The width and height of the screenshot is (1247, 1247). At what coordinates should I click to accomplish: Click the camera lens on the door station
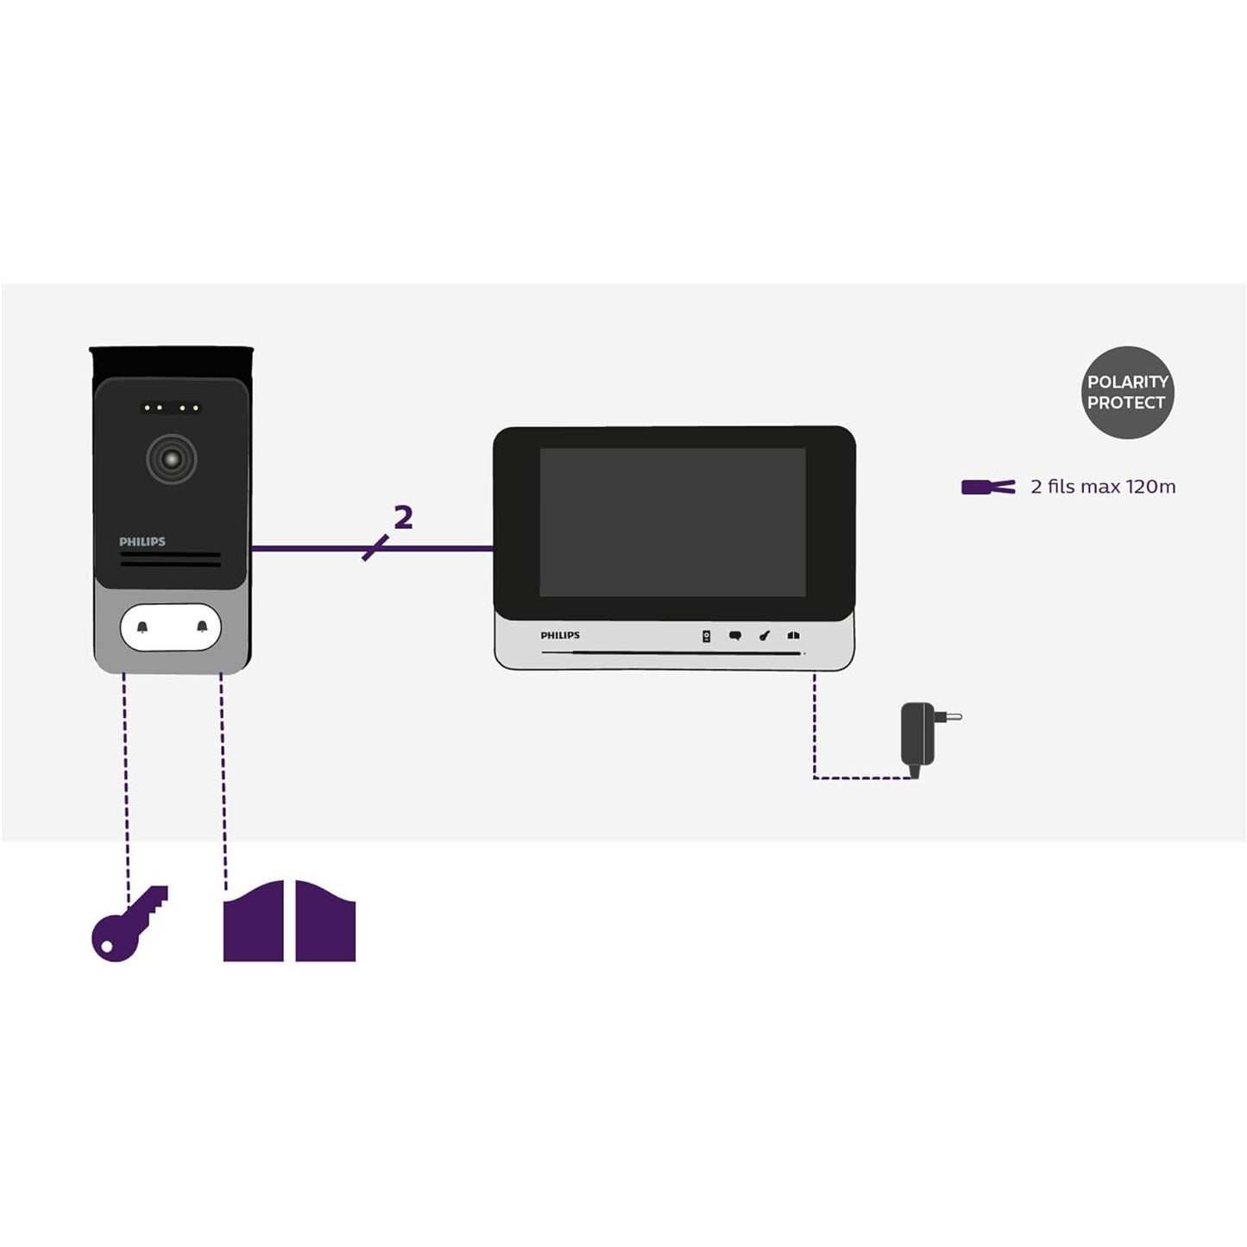[171, 459]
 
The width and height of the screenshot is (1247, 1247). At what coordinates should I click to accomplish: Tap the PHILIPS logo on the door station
[142, 542]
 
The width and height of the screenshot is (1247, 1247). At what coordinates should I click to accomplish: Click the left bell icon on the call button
[142, 627]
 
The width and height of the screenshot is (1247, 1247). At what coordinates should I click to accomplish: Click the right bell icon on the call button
[202, 627]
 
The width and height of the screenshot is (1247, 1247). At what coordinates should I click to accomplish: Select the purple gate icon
[289, 922]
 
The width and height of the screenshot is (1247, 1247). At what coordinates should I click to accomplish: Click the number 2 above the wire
[403, 518]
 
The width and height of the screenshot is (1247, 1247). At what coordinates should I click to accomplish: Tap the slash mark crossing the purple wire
[375, 548]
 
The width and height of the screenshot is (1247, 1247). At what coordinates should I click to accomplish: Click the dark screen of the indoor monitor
[672, 521]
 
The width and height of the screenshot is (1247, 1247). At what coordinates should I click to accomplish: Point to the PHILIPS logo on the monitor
[560, 635]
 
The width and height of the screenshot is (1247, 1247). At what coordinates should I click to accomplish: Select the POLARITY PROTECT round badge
[1127, 393]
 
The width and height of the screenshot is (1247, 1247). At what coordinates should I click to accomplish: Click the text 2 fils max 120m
[1103, 487]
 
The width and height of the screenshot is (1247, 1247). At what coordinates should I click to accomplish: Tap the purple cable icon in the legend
[988, 487]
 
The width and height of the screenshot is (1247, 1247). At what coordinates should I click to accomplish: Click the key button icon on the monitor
[764, 636]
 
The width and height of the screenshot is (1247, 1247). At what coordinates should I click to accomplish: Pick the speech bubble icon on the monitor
[735, 636]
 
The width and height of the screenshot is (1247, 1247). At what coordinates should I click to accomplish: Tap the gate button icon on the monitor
[793, 636]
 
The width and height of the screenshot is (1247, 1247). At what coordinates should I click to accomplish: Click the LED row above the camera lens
[171, 407]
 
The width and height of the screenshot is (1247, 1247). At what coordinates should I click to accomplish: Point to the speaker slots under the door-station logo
[171, 560]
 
